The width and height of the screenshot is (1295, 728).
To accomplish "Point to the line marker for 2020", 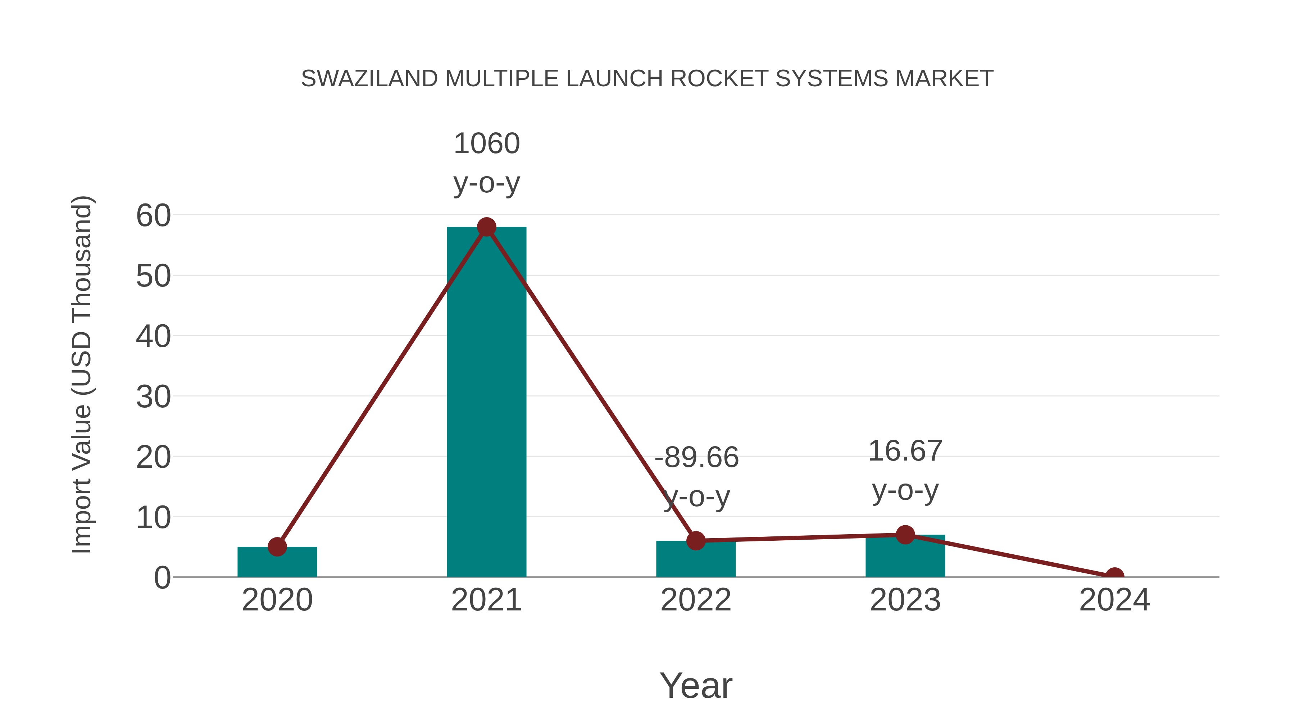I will [x=277, y=546].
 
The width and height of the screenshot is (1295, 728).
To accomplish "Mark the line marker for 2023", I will [x=905, y=535].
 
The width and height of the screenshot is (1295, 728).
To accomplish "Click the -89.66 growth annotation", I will [x=696, y=458].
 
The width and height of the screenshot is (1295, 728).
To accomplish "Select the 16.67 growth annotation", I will [x=905, y=451].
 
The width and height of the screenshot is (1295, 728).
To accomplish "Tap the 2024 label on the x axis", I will [x=1114, y=600].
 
